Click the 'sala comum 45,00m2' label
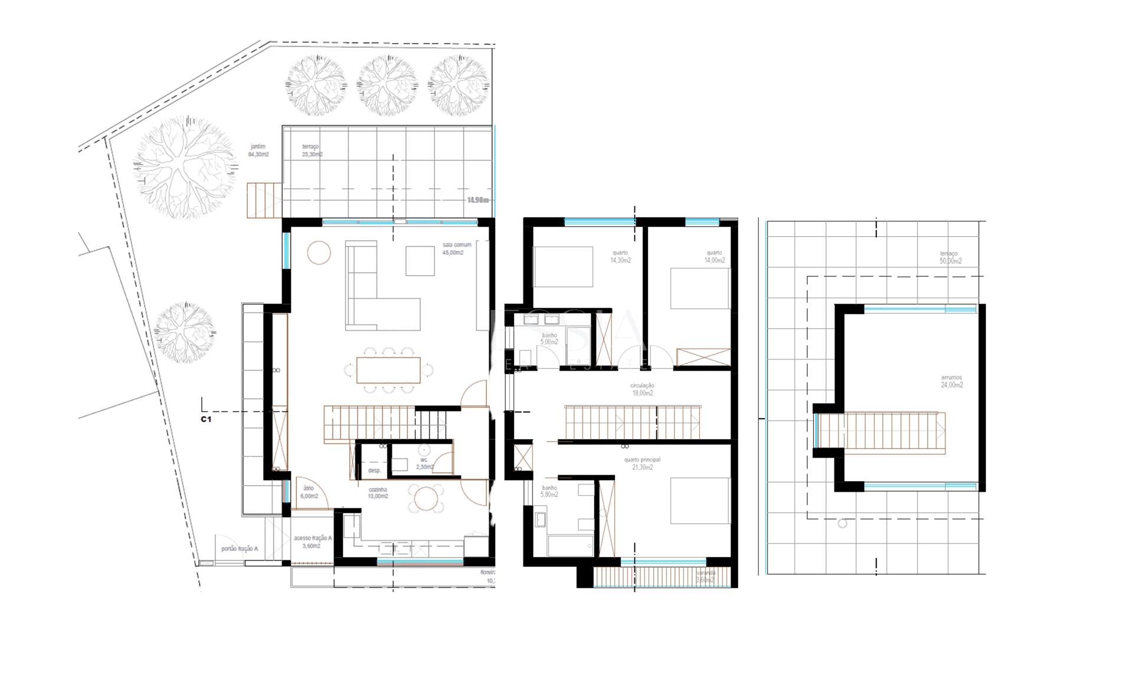[x=456, y=249]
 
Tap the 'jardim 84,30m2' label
[x=258, y=151]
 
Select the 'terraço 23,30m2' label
[x=312, y=151]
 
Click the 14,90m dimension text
[x=478, y=200]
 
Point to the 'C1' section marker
[x=205, y=420]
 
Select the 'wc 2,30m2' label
[x=424, y=463]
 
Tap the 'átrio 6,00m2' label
[x=309, y=492]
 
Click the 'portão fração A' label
[x=239, y=549]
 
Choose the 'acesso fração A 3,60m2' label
[x=313, y=542]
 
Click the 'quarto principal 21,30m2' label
[x=642, y=463]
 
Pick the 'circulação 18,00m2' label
[x=642, y=389]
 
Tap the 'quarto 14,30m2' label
[x=620, y=256]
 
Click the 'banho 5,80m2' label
[x=549, y=491]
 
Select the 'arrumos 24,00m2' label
[x=951, y=381]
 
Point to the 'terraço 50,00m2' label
[x=950, y=257]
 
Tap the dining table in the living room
[x=388, y=370]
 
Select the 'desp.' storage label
[x=374, y=470]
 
